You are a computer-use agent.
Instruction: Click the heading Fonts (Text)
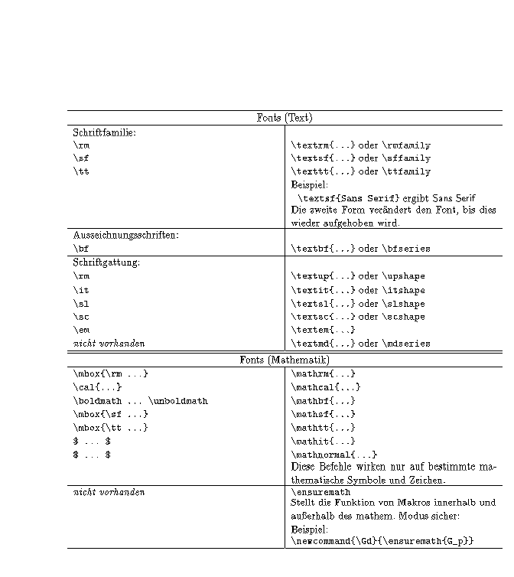pyautogui.click(x=284, y=118)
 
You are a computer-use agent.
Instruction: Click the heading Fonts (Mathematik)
pyautogui.click(x=284, y=360)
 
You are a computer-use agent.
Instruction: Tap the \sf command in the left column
pyautogui.click(x=80, y=158)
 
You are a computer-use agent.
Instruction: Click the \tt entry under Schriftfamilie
pyautogui.click(x=81, y=171)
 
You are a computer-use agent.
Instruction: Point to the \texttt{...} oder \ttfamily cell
pyautogui.click(x=360, y=171)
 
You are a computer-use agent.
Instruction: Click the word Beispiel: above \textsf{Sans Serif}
pyautogui.click(x=309, y=184)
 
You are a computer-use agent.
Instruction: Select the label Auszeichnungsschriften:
pyautogui.click(x=125, y=235)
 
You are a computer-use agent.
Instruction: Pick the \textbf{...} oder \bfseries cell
pyautogui.click(x=360, y=249)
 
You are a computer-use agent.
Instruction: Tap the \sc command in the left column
pyautogui.click(x=80, y=317)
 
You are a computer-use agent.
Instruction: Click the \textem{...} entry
pyautogui.click(x=323, y=330)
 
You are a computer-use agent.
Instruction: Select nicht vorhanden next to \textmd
pyautogui.click(x=109, y=344)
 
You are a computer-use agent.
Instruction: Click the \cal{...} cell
pyautogui.click(x=97, y=387)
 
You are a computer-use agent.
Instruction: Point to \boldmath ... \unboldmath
pyautogui.click(x=140, y=401)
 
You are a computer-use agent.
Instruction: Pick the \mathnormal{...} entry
pyautogui.click(x=334, y=455)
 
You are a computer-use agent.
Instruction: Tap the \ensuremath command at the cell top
pyautogui.click(x=320, y=492)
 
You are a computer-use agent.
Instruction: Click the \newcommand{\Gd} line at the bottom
pyautogui.click(x=382, y=541)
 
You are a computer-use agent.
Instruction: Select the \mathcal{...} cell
pyautogui.click(x=326, y=387)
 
